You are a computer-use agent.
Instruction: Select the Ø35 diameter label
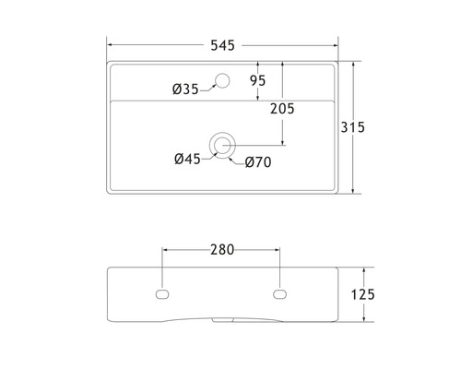point(185,89)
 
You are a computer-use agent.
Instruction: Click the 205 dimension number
point(283,109)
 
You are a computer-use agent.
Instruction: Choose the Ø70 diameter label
point(257,163)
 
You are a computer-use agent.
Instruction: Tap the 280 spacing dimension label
point(222,249)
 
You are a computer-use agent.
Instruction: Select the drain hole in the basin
point(222,143)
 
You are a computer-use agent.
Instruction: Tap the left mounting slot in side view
point(162,294)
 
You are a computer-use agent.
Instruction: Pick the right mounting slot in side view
point(280,294)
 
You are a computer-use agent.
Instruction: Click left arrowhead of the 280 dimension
point(166,249)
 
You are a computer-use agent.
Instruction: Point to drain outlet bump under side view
point(222,322)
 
